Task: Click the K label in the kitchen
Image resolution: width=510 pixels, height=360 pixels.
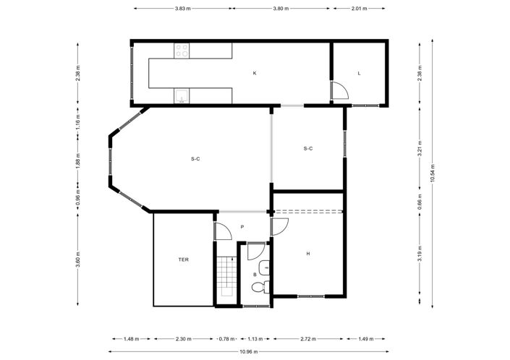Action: point(255,73)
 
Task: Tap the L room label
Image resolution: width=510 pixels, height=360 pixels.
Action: point(359,73)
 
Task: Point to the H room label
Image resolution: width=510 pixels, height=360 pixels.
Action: point(307,254)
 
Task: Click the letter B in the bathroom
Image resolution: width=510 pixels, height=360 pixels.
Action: point(255,275)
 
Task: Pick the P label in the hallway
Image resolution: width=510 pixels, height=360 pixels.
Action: point(242,227)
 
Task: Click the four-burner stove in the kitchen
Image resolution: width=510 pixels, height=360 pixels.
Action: point(182,51)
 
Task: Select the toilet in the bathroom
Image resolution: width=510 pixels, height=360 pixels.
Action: point(259,288)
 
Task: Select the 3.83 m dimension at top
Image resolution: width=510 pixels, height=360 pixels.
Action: point(182,9)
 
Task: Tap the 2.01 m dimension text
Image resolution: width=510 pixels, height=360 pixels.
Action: point(358,9)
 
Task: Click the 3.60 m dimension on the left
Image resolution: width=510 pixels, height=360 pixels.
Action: point(77,259)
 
